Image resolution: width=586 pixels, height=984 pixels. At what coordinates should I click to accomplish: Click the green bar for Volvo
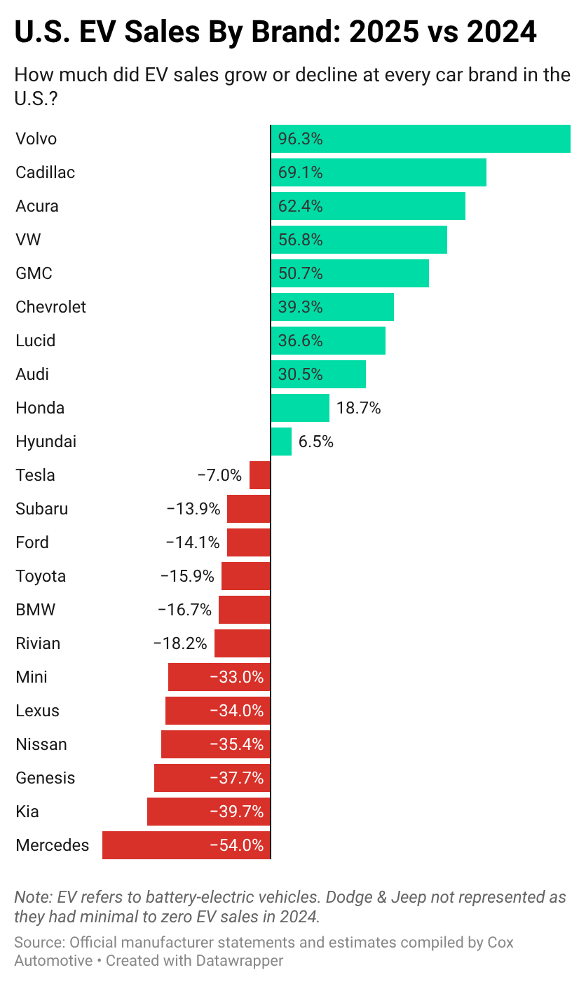[x=421, y=139]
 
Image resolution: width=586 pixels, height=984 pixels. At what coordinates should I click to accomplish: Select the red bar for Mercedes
[x=186, y=845]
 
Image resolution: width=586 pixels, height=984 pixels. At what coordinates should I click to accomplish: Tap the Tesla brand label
[x=35, y=475]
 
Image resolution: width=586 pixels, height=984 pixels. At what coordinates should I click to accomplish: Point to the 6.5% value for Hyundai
[x=315, y=442]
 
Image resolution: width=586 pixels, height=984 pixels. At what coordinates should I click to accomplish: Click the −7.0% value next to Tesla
[x=219, y=475]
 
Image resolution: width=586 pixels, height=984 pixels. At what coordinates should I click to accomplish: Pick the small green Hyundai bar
[x=281, y=442]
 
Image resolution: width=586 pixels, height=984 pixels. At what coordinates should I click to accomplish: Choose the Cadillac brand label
[x=45, y=172]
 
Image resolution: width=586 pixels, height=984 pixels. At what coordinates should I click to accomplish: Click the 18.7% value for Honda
[x=358, y=408]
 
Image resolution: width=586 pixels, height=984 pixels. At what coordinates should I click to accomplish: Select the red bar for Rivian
[x=243, y=643]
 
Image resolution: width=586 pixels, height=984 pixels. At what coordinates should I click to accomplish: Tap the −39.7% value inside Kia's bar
[x=237, y=812]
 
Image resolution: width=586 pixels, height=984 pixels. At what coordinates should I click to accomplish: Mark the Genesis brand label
[x=45, y=778]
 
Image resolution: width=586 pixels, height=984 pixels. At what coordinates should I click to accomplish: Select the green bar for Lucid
[x=328, y=341]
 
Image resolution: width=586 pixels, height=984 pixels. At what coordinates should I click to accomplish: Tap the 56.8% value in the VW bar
[x=300, y=240]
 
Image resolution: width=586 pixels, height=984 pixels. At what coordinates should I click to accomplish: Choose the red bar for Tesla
[x=260, y=475]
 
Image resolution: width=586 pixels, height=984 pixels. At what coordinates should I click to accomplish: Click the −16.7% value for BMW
[x=184, y=610]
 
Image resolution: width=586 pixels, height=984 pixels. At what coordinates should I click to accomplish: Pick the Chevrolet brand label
[x=50, y=307]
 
